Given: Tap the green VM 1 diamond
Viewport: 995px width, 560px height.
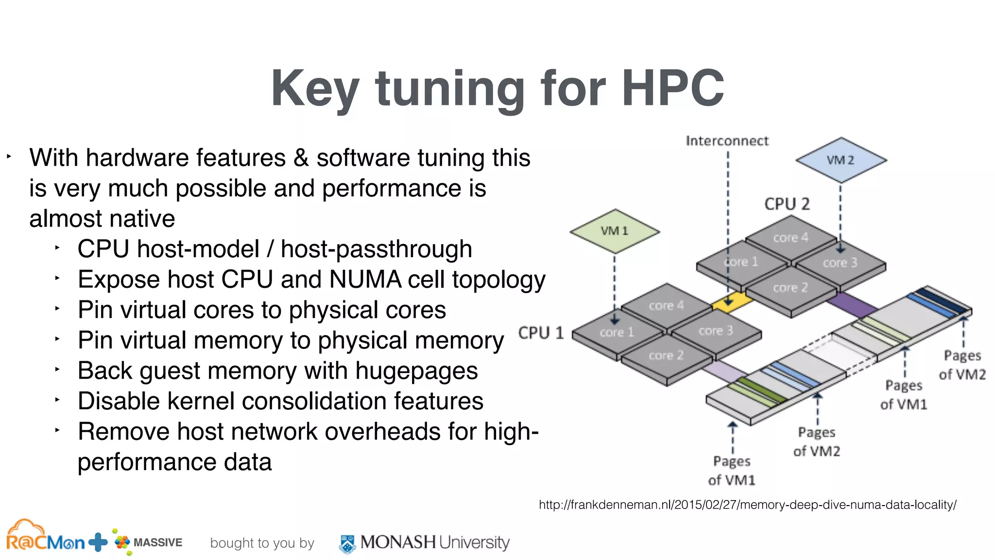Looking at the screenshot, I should (x=614, y=231).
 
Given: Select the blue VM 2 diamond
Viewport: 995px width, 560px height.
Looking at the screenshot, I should (x=841, y=160).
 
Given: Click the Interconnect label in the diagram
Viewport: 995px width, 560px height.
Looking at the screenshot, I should (x=727, y=141).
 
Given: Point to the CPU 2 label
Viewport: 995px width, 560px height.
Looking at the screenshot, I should (x=787, y=204).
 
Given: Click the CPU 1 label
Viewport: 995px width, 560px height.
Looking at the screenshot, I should (x=541, y=333).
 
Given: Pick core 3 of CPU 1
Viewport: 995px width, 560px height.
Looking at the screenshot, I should (x=715, y=332).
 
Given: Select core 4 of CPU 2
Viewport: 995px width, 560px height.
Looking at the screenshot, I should (x=790, y=238).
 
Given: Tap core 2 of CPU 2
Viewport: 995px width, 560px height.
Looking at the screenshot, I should (x=790, y=288).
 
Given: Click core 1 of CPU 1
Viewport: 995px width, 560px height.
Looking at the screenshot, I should (x=617, y=332).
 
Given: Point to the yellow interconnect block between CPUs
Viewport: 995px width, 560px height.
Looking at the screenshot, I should (x=731, y=301).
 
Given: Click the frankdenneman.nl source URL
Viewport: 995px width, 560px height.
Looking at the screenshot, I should (x=747, y=505).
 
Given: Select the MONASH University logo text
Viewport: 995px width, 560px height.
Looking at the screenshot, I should (x=434, y=542).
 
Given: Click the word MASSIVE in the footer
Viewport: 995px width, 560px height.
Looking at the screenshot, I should (x=157, y=542).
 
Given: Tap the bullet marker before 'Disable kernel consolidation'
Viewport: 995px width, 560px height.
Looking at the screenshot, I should (x=57, y=400).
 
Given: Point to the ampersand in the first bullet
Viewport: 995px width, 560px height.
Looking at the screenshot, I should (x=301, y=158).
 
